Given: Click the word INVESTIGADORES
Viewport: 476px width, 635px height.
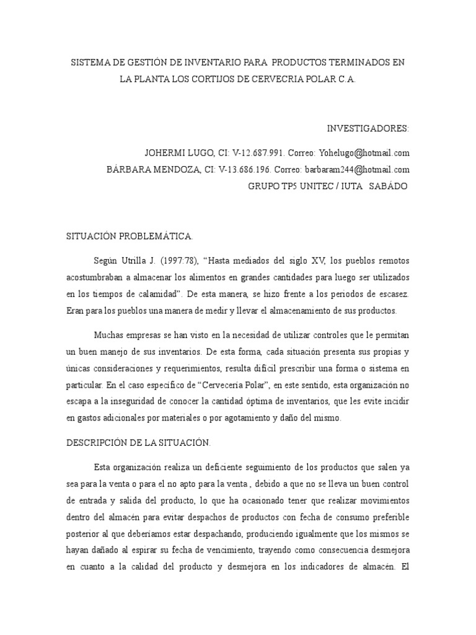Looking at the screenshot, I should (368, 128).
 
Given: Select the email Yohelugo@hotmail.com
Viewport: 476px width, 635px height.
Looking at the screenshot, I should (365, 153).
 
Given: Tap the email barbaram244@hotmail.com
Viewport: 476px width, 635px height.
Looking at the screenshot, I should (356, 169).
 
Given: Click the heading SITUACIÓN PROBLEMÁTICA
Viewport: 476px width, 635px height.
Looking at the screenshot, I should (130, 236).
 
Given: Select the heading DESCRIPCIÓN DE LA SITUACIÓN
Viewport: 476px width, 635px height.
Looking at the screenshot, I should (138, 443).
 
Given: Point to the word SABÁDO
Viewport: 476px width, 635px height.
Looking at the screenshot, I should (389, 185).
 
